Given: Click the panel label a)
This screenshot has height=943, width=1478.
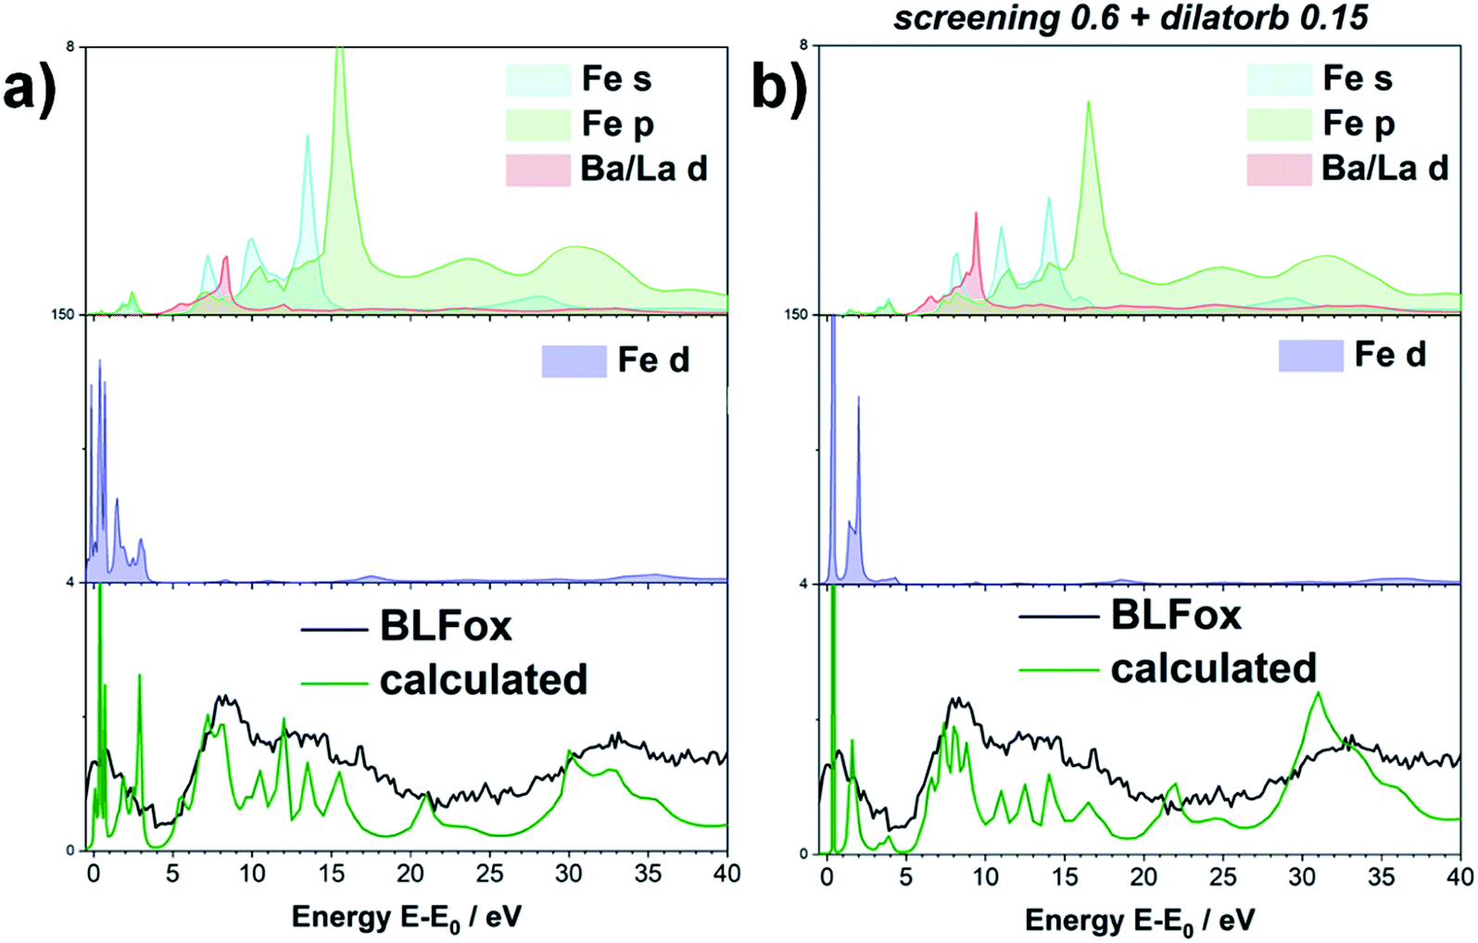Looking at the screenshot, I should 30,90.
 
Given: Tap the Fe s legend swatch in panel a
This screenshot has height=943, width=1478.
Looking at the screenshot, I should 537,81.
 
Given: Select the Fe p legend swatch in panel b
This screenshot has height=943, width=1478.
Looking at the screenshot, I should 1279,124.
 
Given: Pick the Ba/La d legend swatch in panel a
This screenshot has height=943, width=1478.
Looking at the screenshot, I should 537,170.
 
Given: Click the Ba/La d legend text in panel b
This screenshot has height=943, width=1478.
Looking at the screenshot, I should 1384,168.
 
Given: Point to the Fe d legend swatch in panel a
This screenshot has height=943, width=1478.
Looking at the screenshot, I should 574,361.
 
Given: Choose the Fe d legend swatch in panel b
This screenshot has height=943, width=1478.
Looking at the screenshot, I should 1310,356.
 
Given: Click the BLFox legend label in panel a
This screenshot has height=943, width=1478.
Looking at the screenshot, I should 446,627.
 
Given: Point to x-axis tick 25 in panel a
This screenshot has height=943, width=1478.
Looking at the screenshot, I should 489,873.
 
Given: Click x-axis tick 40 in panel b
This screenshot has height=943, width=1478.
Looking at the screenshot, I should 1459,876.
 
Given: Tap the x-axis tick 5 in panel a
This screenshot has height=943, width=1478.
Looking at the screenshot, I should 172,873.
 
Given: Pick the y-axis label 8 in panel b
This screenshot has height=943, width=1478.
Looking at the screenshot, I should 803,44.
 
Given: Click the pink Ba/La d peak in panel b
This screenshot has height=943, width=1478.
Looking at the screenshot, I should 976,215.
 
